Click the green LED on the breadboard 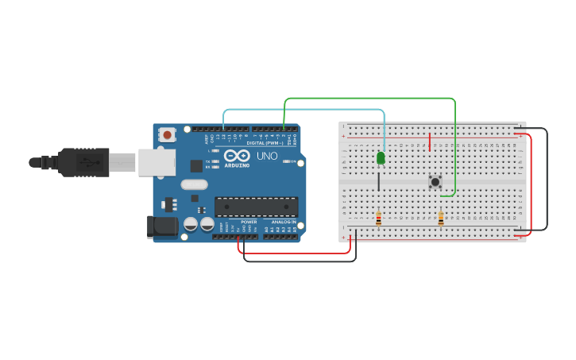[381, 158]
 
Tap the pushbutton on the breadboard [435, 182]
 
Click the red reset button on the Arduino [167, 135]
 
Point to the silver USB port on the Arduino [157, 162]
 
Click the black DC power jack [163, 226]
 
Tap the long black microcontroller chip [256, 207]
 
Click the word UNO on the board [268, 156]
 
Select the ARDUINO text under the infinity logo [237, 165]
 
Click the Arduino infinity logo [237, 156]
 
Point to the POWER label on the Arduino [249, 222]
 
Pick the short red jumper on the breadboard [430, 142]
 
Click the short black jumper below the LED [378, 181]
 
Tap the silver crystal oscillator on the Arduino [194, 185]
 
